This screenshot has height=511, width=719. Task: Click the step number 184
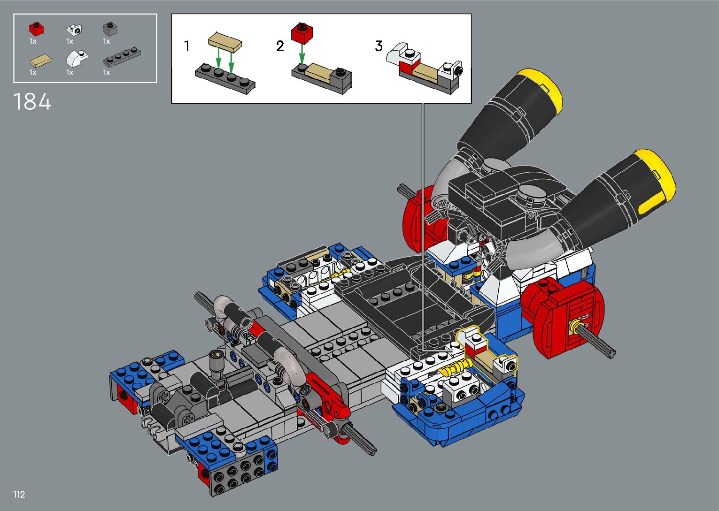tap(32, 101)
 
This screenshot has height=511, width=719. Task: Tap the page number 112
tap(19, 494)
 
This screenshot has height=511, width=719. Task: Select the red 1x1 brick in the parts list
tap(36, 29)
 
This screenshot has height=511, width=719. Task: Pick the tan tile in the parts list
tap(40, 61)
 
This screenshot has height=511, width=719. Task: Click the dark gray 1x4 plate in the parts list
tap(122, 57)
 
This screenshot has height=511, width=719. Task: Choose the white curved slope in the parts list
tap(77, 58)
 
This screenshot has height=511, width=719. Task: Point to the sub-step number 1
tap(187, 46)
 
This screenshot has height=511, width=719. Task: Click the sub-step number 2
tap(280, 46)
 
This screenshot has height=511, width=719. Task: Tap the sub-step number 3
tap(379, 46)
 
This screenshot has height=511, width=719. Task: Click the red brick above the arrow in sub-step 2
tap(302, 33)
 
